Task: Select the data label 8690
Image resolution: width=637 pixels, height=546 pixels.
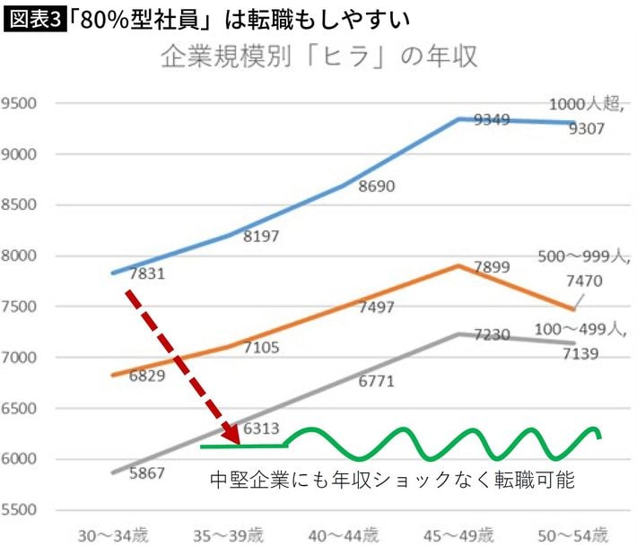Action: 377,186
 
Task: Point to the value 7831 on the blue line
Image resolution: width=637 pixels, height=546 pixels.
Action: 147,273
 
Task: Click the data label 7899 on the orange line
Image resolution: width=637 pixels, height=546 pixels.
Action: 493,265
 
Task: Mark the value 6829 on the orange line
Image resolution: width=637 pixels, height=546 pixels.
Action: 147,376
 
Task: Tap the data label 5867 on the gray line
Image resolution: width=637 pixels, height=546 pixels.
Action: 147,472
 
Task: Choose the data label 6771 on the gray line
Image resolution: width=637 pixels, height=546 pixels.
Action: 377,381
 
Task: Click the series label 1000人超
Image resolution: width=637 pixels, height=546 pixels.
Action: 584,105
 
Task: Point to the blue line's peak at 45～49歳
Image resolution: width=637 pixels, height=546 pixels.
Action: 459,118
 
